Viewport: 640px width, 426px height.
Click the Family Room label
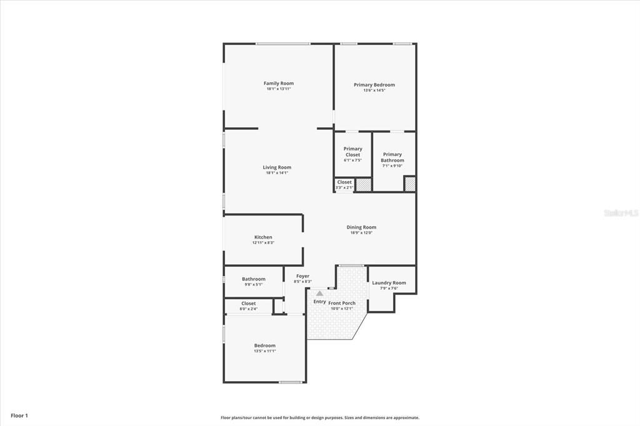coord(278,83)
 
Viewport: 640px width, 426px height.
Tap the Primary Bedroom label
coord(374,85)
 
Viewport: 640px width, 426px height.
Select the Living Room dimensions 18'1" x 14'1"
coord(276,173)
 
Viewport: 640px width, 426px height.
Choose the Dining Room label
coord(361,227)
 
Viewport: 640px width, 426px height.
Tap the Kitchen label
coord(263,237)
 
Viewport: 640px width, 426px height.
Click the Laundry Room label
coord(389,283)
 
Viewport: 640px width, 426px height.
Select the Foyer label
coord(302,276)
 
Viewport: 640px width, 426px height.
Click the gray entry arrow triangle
coord(319,292)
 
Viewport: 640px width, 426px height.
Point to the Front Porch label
coord(342,303)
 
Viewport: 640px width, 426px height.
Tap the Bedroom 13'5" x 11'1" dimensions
coord(264,351)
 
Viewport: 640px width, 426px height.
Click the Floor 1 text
coord(19,415)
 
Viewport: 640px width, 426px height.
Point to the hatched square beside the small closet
coord(364,184)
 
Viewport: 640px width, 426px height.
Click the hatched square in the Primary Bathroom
coord(409,184)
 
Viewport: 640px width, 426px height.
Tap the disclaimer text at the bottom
coord(319,418)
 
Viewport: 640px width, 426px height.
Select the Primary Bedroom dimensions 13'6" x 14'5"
coord(374,91)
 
